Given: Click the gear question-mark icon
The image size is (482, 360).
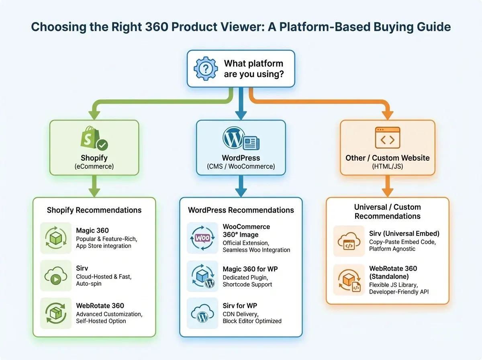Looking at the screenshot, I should (x=206, y=69).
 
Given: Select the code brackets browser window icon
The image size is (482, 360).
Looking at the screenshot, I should (x=387, y=139).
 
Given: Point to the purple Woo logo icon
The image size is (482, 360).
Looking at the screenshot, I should (x=202, y=238).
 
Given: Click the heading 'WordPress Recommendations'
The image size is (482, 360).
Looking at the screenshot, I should (x=241, y=210).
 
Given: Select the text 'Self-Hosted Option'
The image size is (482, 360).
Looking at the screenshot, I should (x=101, y=321).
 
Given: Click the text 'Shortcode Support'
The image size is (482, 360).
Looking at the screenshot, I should (x=247, y=284).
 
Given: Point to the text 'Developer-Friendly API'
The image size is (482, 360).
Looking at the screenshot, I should (x=399, y=292).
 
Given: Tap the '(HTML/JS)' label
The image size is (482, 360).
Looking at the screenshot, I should (x=387, y=166).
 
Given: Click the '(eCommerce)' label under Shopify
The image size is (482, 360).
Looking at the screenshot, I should (x=94, y=166).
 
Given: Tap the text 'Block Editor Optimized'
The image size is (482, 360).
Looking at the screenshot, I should (x=252, y=321).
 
